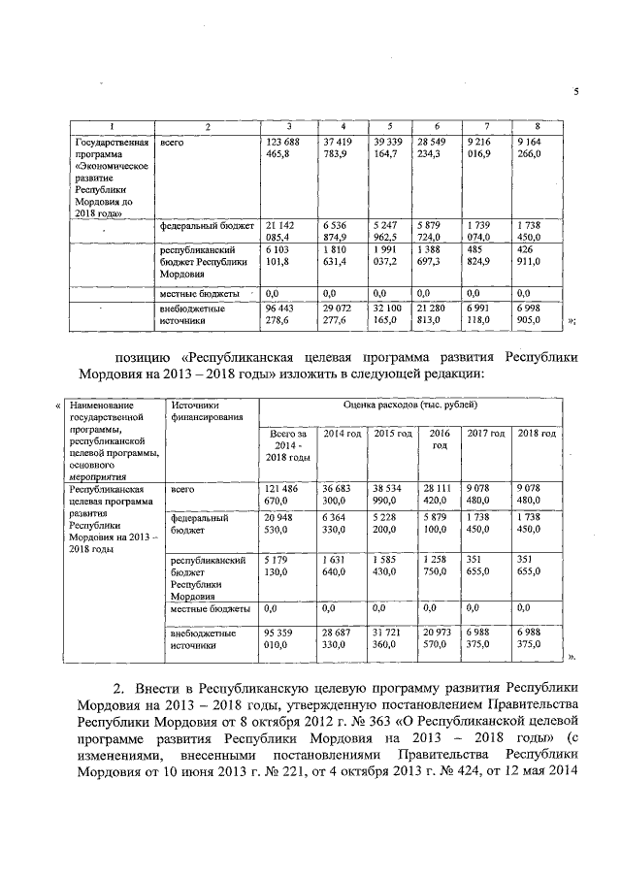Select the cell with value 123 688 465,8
[281, 148]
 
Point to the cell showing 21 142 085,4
[281, 229]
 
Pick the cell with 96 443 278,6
[281, 314]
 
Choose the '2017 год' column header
[486, 433]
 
